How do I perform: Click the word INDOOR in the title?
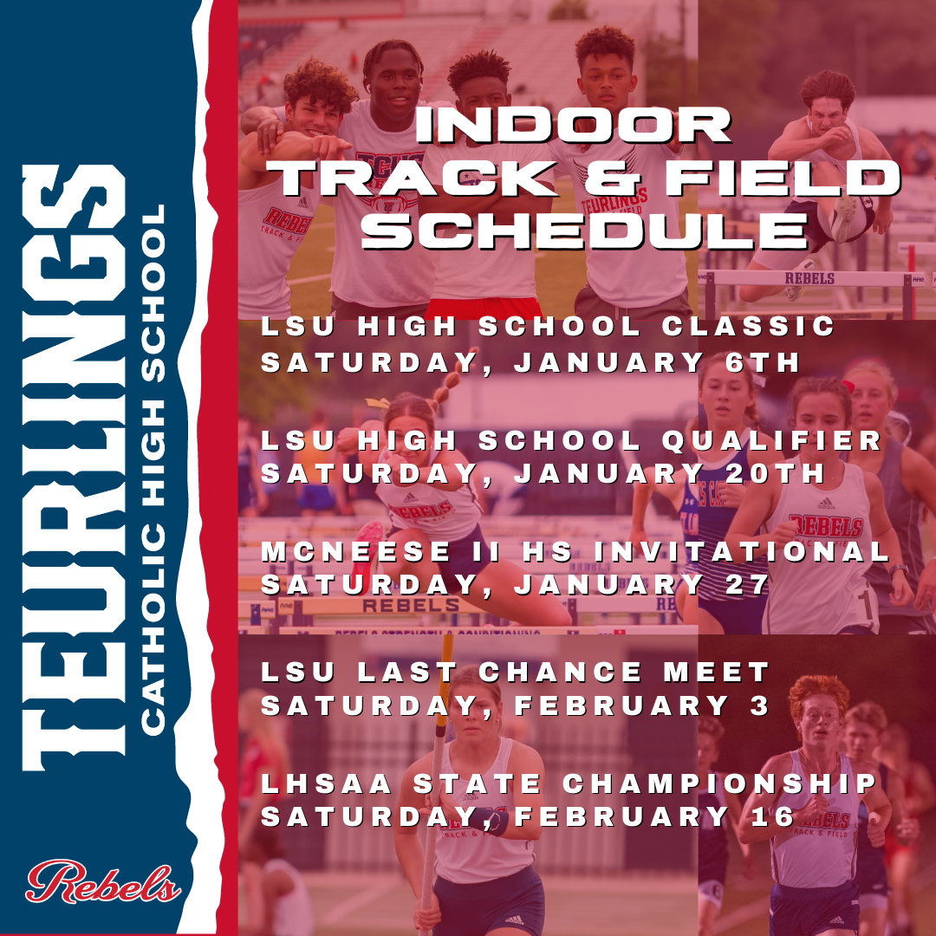coord(573,125)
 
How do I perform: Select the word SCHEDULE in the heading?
coord(584,231)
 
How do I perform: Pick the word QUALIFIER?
coord(771,441)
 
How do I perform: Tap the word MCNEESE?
coord(356,551)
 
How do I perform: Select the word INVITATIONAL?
coord(742,551)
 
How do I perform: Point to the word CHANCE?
coord(560,673)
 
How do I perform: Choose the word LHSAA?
coord(327,783)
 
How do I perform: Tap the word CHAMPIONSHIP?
coord(719,783)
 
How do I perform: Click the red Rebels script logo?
coord(102,881)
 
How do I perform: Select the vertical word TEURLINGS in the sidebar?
coord(74,467)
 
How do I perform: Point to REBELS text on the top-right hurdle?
coord(809,278)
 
